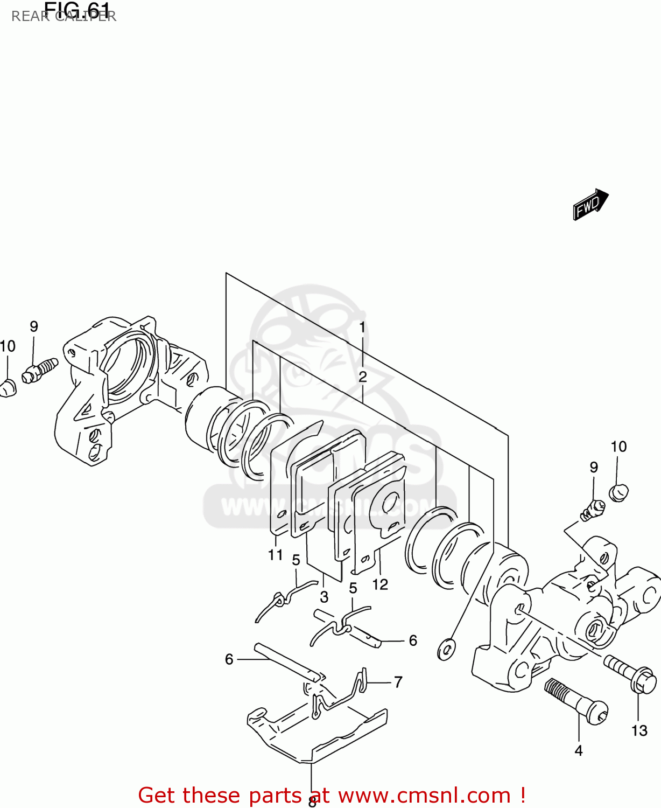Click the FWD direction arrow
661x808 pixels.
pos(590,204)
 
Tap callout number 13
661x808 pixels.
pos(639,730)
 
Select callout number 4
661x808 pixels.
pos(579,750)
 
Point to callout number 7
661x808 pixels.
pos(398,682)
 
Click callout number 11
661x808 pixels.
pos(276,554)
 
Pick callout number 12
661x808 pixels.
pos(380,584)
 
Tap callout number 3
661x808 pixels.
pos(324,597)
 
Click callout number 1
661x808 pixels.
pos(363,327)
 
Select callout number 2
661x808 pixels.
pos(363,377)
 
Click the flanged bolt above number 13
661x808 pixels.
pos(630,674)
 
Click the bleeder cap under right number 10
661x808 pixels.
pos(618,492)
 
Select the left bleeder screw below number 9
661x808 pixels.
pos(40,370)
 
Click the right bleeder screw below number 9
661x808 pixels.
pos(592,510)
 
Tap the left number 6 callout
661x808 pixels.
pos(229,659)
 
